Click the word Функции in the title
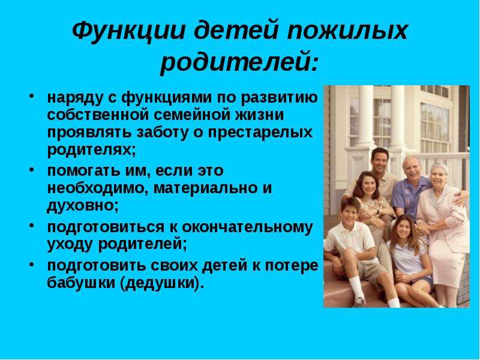click(x=128, y=31)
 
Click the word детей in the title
click(x=236, y=31)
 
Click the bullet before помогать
click(x=32, y=169)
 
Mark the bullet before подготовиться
click(x=32, y=226)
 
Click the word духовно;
click(x=83, y=206)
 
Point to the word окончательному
click(x=247, y=227)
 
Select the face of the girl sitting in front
click(x=403, y=229)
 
